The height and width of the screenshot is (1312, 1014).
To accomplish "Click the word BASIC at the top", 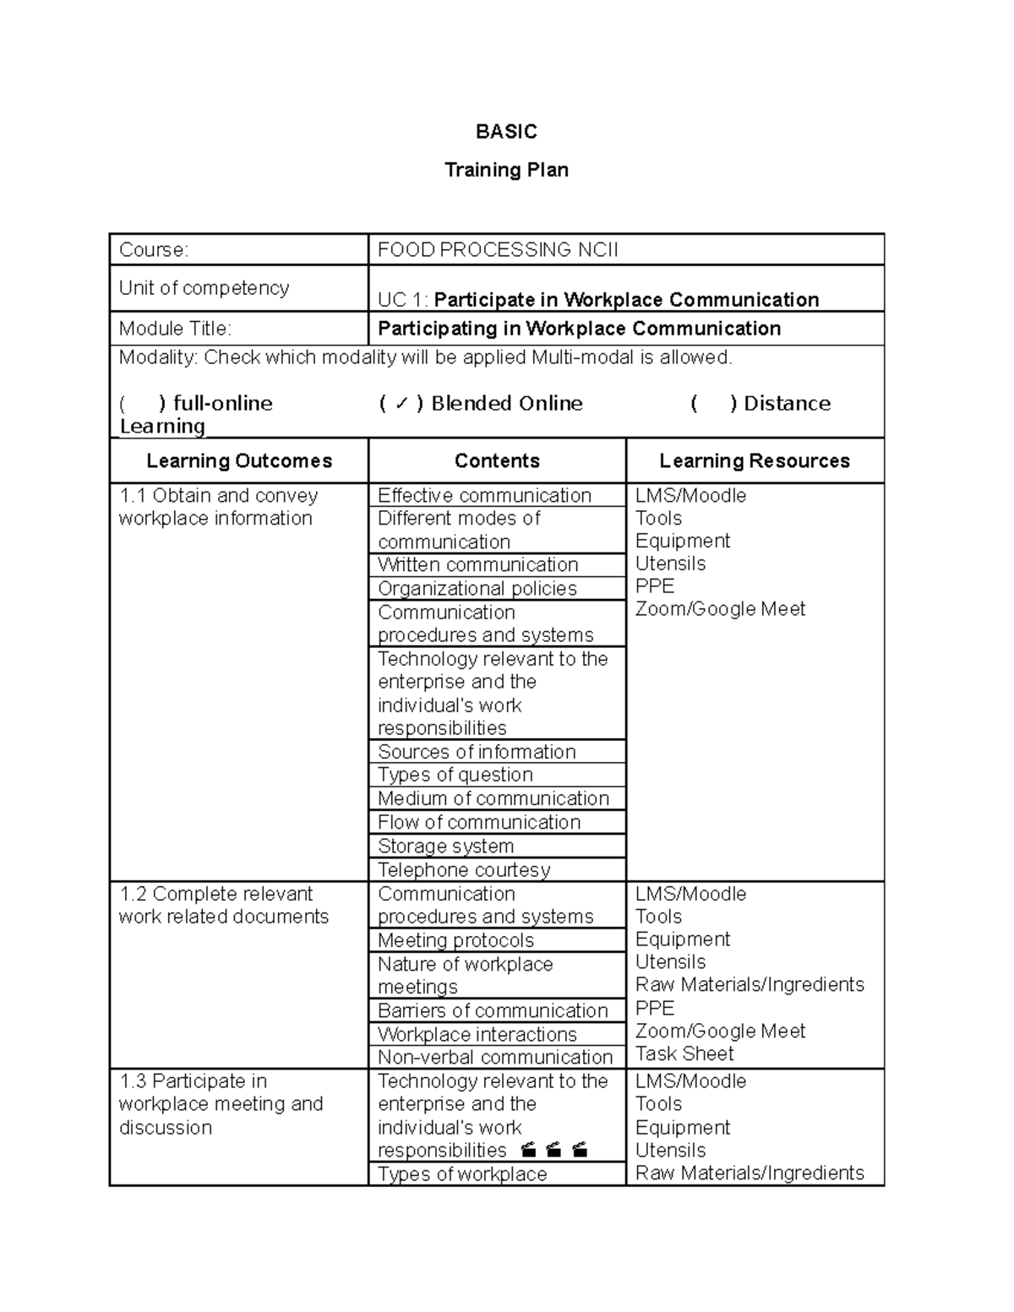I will [506, 132].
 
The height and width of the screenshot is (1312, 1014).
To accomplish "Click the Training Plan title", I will [506, 170].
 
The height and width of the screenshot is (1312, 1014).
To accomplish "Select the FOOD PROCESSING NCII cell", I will [498, 250].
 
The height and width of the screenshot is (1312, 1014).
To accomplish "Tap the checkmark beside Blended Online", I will [401, 404].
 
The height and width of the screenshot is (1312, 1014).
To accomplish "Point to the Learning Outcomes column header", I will [239, 460].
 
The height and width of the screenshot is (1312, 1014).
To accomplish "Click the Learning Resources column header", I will [754, 460].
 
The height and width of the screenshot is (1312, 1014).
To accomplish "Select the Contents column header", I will [497, 460].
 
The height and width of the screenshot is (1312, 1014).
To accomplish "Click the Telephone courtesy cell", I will [464, 869].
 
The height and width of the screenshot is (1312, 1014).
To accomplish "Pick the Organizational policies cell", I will [477, 589].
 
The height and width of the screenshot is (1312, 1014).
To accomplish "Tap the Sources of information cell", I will [477, 752].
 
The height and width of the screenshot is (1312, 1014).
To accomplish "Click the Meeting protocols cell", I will [455, 940].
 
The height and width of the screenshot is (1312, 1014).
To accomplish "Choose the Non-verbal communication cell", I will [495, 1057].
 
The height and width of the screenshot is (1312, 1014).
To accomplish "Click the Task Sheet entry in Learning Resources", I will [684, 1053].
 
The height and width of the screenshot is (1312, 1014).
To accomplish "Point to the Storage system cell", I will [445, 846].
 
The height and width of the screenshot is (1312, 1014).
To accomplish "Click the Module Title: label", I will [175, 329].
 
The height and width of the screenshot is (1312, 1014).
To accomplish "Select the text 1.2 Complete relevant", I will [216, 894].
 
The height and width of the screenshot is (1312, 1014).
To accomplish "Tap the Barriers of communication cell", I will [493, 1010].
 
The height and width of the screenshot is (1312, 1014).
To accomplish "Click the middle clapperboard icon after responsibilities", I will [554, 1150].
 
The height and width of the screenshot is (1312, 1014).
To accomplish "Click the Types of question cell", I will [455, 775].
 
